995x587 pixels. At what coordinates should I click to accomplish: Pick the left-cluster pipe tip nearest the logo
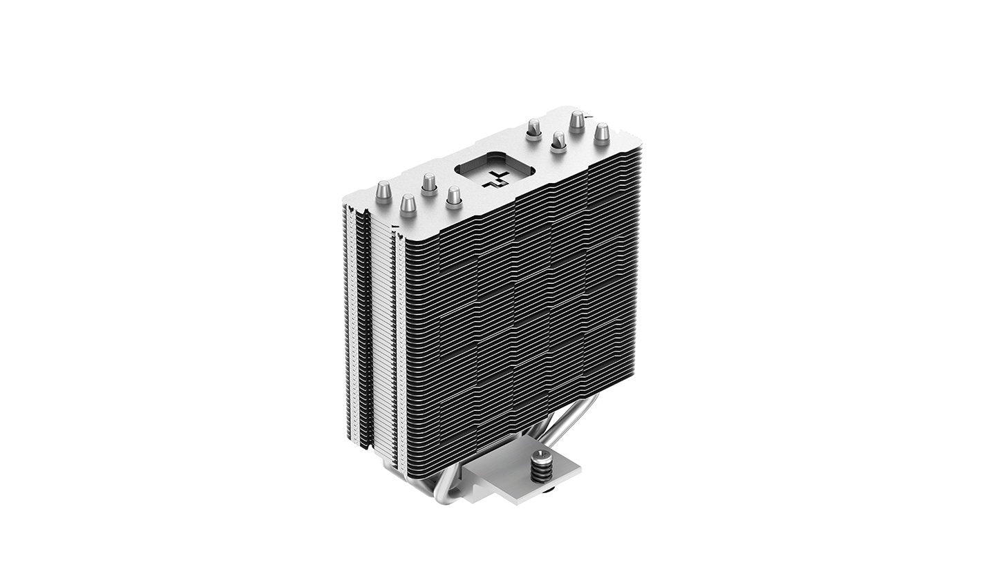[x=453, y=198]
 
